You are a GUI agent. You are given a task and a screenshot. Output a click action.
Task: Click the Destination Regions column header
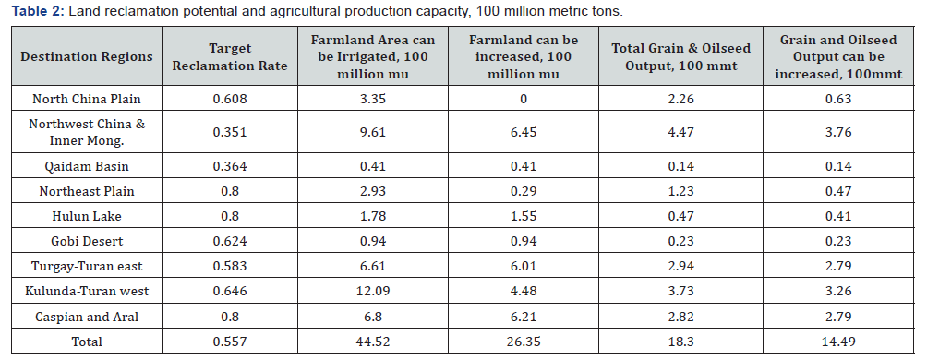87,56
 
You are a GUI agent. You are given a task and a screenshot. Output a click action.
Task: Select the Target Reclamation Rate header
248,56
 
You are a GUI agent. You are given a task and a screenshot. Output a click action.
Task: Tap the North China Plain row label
87,99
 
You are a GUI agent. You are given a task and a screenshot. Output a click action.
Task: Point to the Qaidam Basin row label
87,167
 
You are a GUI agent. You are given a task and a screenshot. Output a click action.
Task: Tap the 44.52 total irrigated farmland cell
374,342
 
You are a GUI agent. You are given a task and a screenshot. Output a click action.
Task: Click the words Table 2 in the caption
33,11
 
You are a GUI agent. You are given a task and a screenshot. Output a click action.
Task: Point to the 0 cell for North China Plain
524,99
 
